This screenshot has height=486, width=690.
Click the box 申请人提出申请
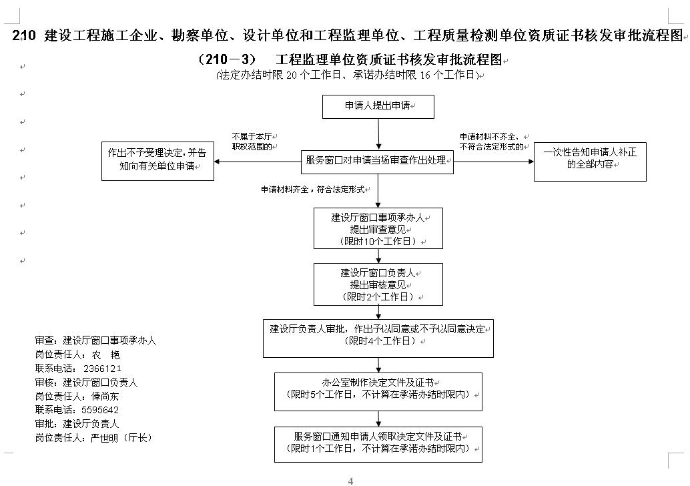[x=378, y=107]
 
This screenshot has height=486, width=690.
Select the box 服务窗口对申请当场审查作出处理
[x=377, y=162]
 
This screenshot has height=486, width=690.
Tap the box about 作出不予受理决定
[x=157, y=161]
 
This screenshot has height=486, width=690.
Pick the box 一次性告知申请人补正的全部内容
[x=590, y=162]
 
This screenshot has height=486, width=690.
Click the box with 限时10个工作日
[x=378, y=228]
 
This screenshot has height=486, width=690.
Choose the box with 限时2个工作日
[x=378, y=284]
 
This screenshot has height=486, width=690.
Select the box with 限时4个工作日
[x=378, y=338]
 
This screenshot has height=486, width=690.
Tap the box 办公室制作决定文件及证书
[x=378, y=392]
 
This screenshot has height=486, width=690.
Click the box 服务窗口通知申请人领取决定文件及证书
[x=378, y=445]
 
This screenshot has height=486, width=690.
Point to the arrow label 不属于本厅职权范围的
[x=252, y=142]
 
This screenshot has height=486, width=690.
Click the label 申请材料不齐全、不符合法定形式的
[x=492, y=142]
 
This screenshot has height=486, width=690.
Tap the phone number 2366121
[x=102, y=369]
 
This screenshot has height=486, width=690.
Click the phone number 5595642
[x=100, y=410]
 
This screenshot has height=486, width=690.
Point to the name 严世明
[x=104, y=438]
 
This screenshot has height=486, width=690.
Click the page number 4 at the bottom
[x=351, y=481]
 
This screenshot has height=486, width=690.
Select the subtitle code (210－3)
[x=227, y=59]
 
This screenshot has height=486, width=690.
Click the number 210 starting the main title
[x=24, y=35]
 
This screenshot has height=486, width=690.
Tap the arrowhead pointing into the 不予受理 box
[x=216, y=162]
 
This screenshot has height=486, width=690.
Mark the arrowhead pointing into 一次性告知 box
[x=531, y=162]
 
